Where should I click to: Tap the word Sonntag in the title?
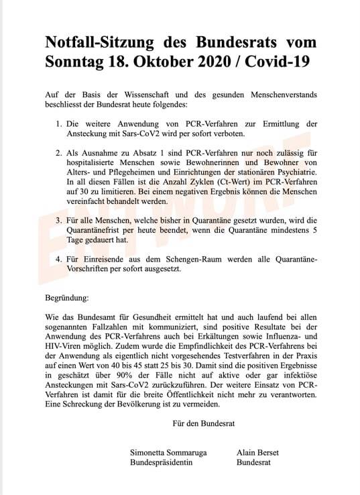point(76,63)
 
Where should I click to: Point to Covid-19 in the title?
point(282,63)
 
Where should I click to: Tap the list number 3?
point(58,219)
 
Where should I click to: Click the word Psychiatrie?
point(292,171)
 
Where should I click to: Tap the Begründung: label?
point(66,296)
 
